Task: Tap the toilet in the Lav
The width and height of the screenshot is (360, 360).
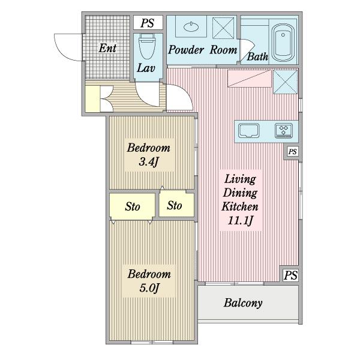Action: [x=145, y=45]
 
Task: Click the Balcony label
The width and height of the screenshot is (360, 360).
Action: [x=243, y=303]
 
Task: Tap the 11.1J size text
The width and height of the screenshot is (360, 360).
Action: [x=240, y=221]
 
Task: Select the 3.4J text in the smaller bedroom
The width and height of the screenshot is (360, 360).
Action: [x=148, y=162]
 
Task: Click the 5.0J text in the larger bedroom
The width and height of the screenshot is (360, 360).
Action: [x=149, y=288]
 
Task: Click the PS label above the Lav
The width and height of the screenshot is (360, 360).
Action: [x=148, y=23]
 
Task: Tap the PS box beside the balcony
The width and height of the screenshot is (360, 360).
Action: [x=290, y=275]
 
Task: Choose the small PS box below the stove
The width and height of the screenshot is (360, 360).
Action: [x=292, y=152]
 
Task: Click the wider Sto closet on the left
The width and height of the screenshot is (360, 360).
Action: [x=132, y=207]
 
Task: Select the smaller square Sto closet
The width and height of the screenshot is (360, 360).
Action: [x=175, y=205]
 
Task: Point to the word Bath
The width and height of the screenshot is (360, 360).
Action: [x=257, y=58]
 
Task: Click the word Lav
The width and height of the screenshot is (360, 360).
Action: [x=145, y=68]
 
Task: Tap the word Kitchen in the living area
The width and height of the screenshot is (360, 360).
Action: [x=240, y=206]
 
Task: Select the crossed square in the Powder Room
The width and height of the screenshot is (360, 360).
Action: [x=226, y=28]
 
